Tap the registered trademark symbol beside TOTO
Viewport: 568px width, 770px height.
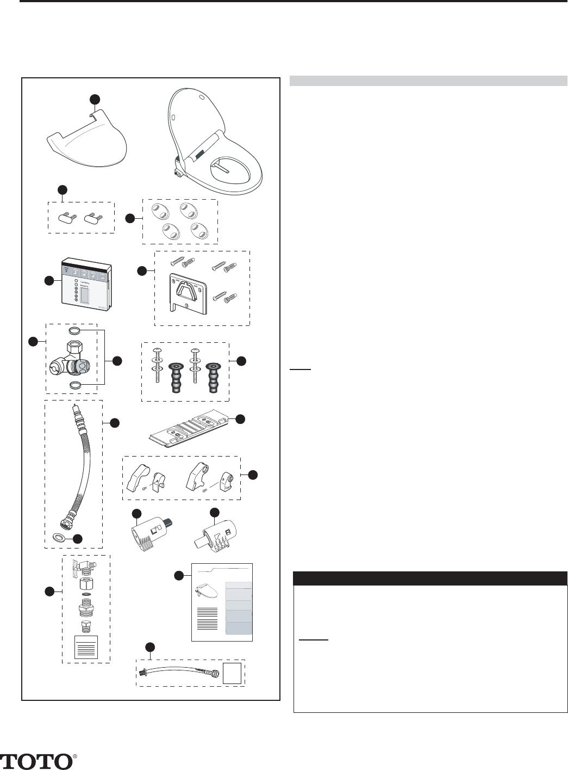[74, 756]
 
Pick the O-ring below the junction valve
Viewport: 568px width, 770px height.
[75, 385]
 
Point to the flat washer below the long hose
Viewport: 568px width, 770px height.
[60, 538]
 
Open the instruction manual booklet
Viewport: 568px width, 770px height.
[222, 602]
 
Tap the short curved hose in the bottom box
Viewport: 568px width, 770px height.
[179, 672]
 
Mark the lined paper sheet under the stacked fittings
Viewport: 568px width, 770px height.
[85, 646]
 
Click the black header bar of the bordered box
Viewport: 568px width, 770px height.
[430, 578]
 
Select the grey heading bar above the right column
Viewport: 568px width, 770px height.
[428, 81]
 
